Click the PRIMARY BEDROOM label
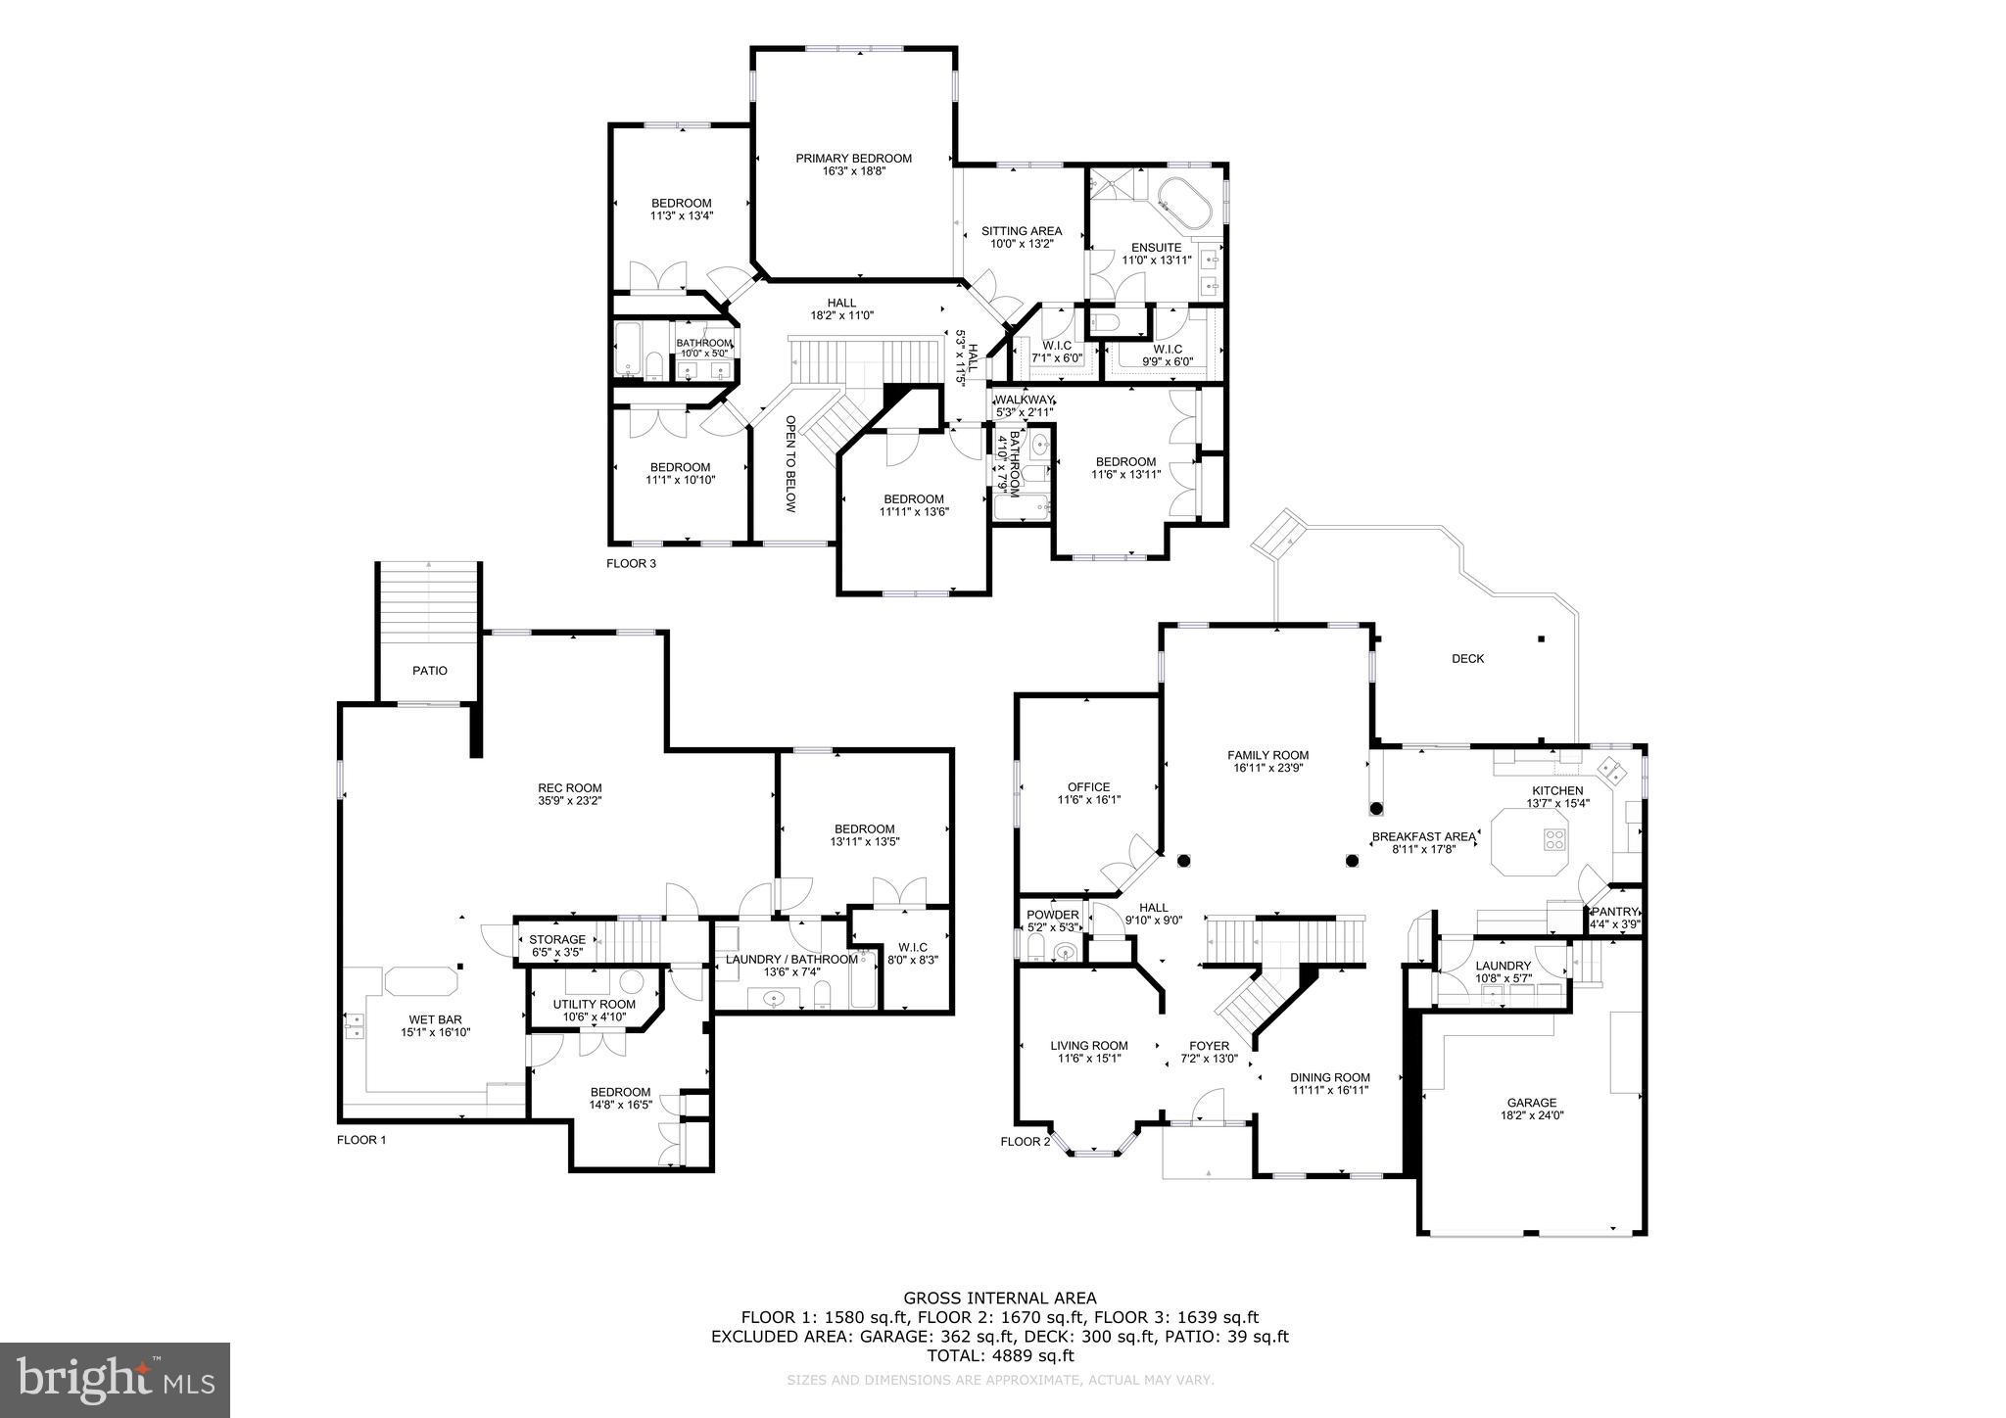(853, 158)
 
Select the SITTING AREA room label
(1022, 231)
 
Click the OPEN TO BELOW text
(790, 463)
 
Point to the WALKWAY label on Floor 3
(1024, 401)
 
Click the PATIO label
(429, 671)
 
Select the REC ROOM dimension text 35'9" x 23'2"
(569, 801)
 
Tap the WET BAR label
(429, 1019)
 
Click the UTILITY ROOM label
(594, 1004)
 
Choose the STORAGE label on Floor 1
(557, 939)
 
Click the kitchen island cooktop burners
(1553, 838)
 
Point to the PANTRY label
(1614, 912)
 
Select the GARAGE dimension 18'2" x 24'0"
(1532, 1115)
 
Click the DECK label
(1467, 658)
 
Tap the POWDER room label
(1052, 915)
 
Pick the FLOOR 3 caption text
(631, 563)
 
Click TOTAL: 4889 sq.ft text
(1000, 1356)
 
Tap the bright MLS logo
(115, 1380)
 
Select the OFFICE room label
(1088, 786)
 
